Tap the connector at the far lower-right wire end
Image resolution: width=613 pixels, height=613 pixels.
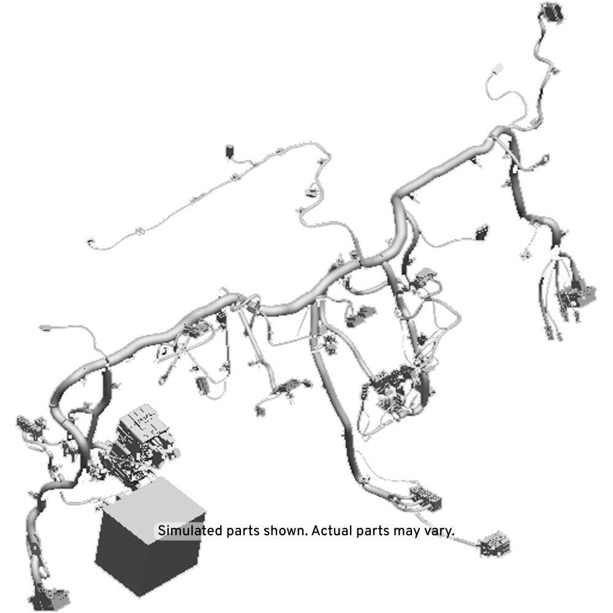pyautogui.click(x=495, y=543)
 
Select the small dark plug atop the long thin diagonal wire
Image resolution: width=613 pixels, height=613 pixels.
pyautogui.click(x=230, y=151)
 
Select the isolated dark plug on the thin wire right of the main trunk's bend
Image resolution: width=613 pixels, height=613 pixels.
pyautogui.click(x=482, y=232)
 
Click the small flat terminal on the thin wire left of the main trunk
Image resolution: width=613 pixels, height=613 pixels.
pyautogui.click(x=44, y=327)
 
